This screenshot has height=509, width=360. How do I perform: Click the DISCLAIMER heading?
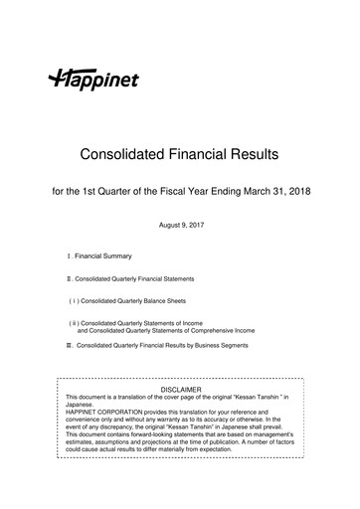[180, 389]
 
